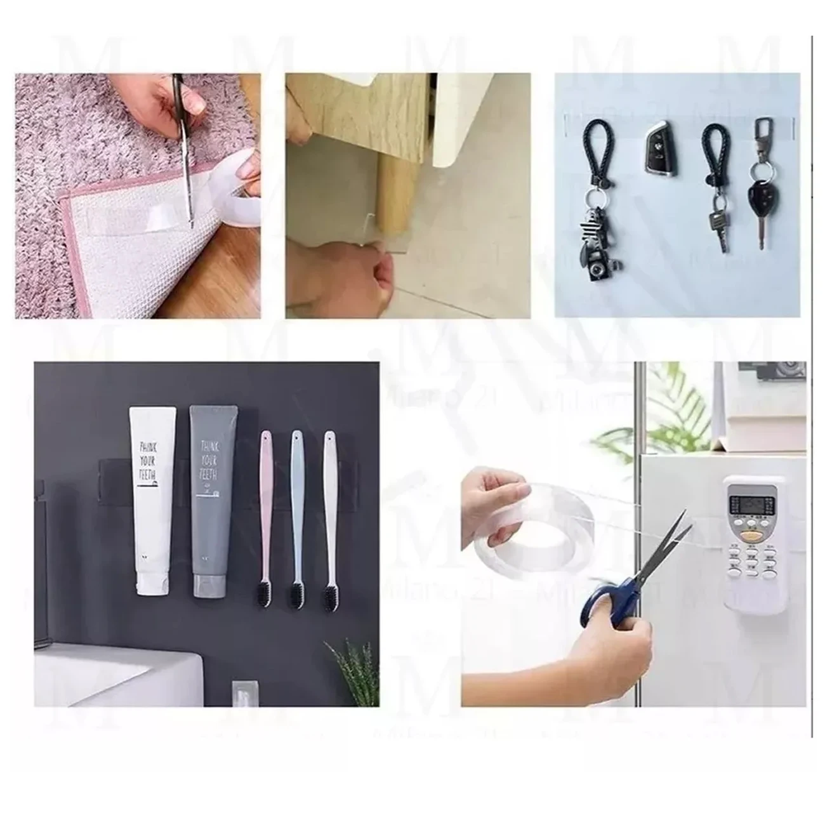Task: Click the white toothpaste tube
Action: [152, 501]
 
